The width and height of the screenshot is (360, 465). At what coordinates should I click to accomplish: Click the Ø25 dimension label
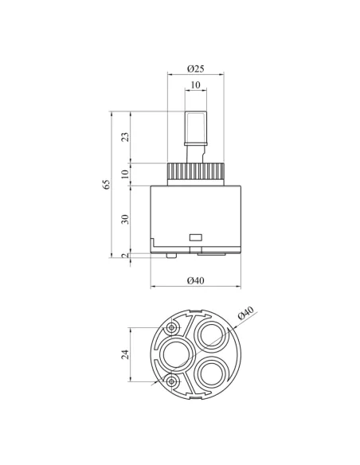196,68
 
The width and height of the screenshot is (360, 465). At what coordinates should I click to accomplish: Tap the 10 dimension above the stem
195,85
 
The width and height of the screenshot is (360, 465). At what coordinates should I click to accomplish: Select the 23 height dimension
126,137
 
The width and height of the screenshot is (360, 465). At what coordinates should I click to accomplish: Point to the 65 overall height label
107,184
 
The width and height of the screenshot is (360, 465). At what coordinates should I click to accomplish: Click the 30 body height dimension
126,219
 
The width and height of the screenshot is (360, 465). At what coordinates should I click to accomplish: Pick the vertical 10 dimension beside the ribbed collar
126,174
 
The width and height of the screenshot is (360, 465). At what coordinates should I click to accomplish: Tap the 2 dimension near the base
126,256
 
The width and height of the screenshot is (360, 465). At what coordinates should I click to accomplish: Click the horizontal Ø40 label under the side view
196,280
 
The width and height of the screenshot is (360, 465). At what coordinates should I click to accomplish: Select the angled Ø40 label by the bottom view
246,313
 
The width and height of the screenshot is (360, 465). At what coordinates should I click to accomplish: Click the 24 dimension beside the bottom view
126,354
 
